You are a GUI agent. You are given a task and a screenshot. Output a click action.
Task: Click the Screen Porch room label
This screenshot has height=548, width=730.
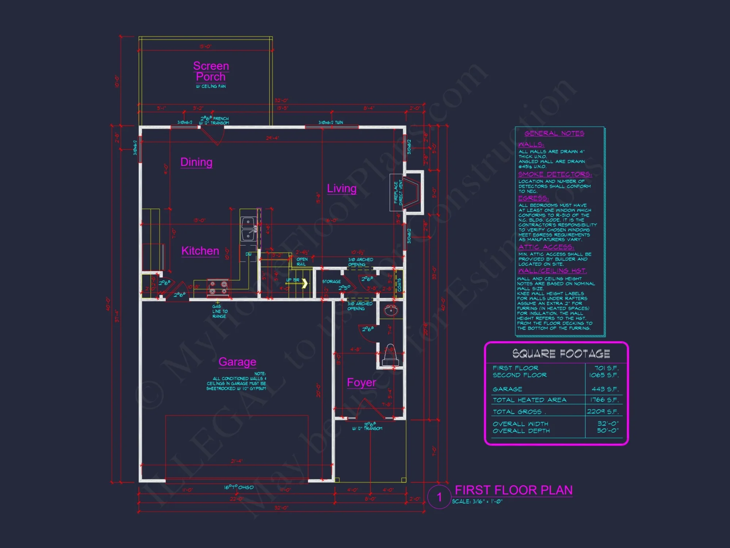[211, 71]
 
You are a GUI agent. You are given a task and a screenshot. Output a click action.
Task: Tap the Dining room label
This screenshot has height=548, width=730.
[196, 162]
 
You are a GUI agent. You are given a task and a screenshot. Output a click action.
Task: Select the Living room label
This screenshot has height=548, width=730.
[342, 188]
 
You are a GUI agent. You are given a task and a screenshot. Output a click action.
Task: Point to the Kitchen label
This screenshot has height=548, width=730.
[200, 251]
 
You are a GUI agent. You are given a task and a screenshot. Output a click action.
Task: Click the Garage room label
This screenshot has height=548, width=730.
[237, 362]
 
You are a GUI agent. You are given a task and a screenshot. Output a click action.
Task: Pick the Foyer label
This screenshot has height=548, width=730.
[361, 383]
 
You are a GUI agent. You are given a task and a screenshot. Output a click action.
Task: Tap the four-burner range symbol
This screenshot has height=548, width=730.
[218, 288]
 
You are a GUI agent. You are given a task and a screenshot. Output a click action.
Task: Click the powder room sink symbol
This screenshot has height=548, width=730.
[391, 311]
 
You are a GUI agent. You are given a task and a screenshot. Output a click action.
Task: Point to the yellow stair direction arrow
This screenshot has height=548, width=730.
[304, 283]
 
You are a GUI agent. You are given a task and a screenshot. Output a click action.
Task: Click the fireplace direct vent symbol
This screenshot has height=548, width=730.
[412, 192]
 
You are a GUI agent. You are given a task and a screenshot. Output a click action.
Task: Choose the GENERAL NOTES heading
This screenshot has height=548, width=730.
[554, 133]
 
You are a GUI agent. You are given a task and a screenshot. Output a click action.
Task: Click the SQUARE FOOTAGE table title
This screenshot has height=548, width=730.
[561, 354]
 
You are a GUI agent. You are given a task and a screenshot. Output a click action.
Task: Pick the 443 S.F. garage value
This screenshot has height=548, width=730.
[605, 389]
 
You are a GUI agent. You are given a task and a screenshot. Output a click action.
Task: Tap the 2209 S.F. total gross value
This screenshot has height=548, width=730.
[603, 411]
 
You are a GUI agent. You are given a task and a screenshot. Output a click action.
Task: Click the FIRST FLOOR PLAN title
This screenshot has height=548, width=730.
[514, 490]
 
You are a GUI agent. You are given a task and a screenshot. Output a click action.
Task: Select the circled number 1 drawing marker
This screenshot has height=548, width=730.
[439, 497]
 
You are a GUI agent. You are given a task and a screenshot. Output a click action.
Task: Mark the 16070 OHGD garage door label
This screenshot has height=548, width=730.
[239, 487]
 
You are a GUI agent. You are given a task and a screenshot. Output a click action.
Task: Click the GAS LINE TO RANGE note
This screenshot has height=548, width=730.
[220, 311]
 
